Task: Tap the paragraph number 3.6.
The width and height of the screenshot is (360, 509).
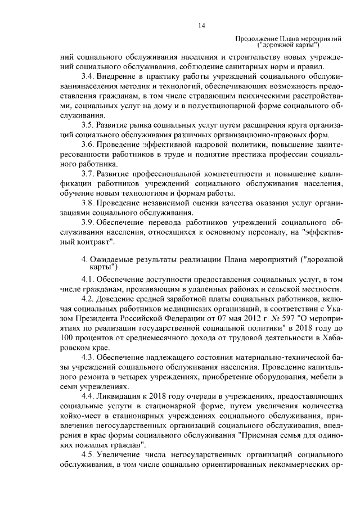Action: (x=88, y=145)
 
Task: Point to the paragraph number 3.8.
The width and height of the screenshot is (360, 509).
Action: (x=88, y=203)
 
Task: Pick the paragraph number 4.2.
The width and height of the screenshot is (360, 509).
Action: (x=88, y=298)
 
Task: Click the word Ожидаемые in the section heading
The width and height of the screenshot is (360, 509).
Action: (x=113, y=260)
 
